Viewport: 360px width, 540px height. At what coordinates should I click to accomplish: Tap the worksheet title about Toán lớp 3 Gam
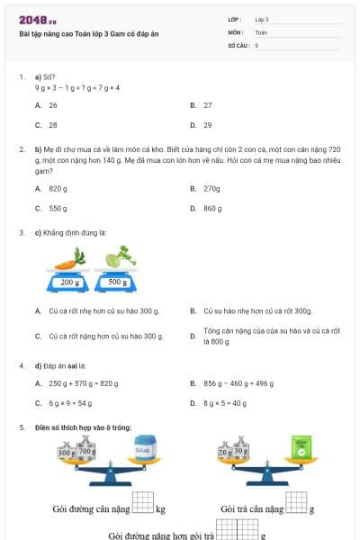88,33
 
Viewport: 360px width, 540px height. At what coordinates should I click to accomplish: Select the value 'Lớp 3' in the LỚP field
262,19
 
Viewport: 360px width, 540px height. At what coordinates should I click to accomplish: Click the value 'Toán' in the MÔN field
261,31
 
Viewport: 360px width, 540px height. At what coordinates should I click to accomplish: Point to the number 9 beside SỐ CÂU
256,44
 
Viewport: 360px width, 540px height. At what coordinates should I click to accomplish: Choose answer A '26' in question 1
53,105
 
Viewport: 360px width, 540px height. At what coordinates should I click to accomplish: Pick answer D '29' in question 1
208,125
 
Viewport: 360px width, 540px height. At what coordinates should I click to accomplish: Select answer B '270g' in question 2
211,188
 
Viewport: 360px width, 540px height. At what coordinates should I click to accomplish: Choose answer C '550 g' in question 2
58,208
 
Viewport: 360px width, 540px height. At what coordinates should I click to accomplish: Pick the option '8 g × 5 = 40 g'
225,403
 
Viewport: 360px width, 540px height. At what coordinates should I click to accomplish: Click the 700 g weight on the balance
86,450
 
